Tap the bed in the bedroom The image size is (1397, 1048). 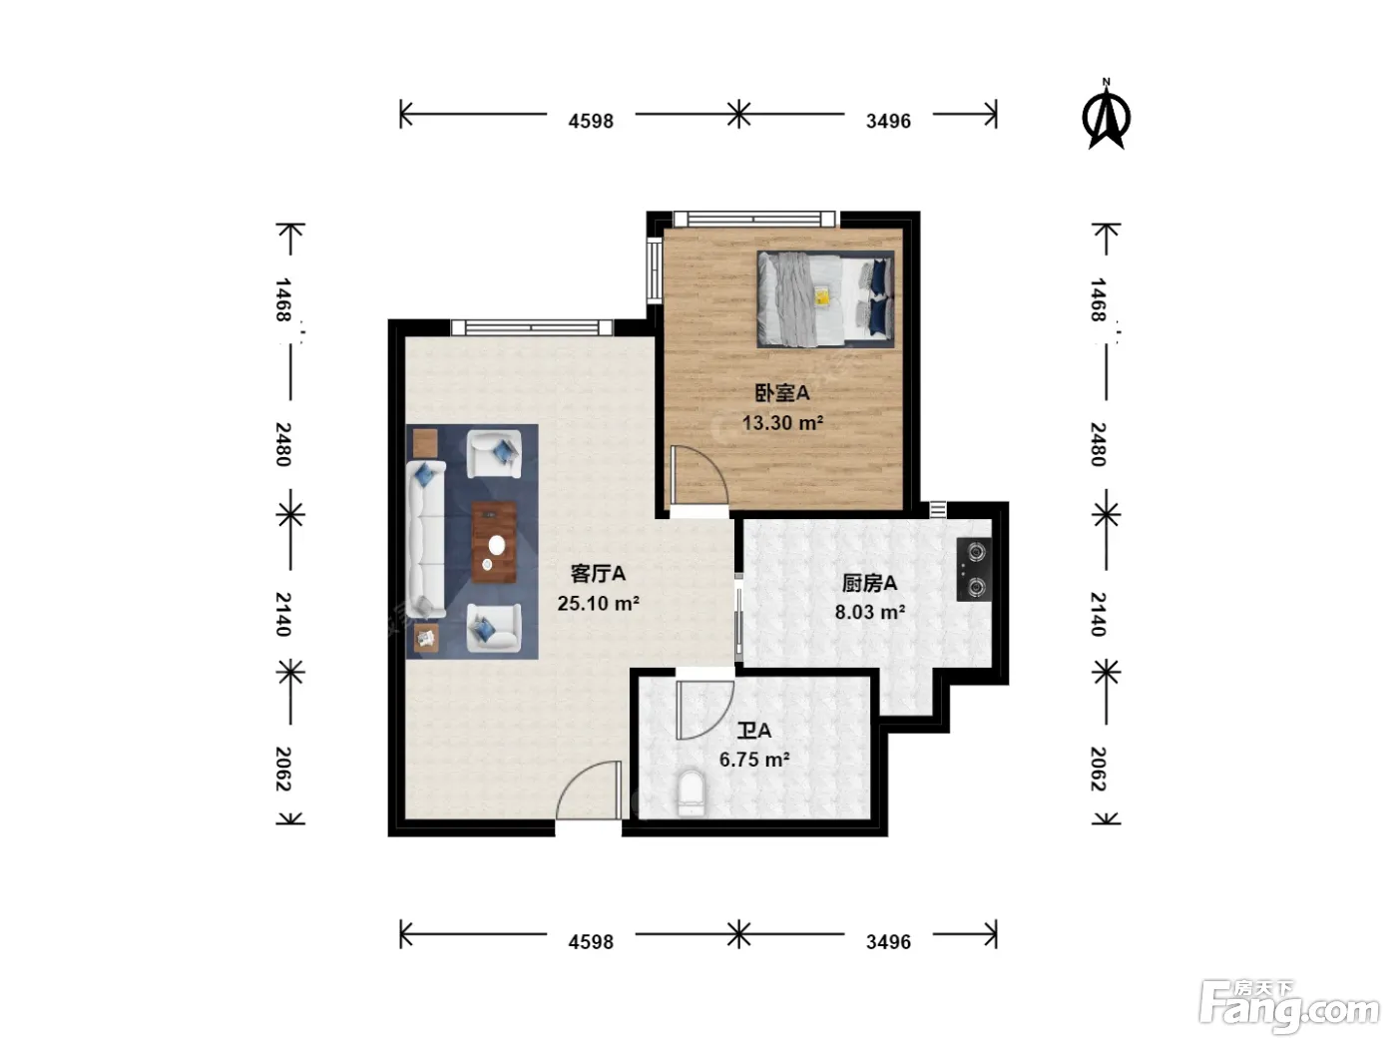coord(825,298)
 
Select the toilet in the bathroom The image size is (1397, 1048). coord(691,792)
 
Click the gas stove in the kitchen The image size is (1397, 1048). coord(974,570)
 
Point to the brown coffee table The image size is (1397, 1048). coord(493,542)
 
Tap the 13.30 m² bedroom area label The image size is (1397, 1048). coord(782,422)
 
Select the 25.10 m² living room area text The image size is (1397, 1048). coord(598,603)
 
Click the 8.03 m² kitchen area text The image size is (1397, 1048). coord(869,612)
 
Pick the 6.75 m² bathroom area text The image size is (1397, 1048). coord(754,760)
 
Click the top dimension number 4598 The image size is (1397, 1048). coord(591,121)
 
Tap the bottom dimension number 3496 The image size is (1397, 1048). coord(888,941)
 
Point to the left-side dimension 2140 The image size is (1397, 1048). coord(283,614)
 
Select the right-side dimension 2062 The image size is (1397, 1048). coord(1099,769)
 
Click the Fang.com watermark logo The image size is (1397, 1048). coord(1289,1005)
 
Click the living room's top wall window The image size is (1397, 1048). coord(532,327)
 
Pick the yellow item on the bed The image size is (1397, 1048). coord(821,296)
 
